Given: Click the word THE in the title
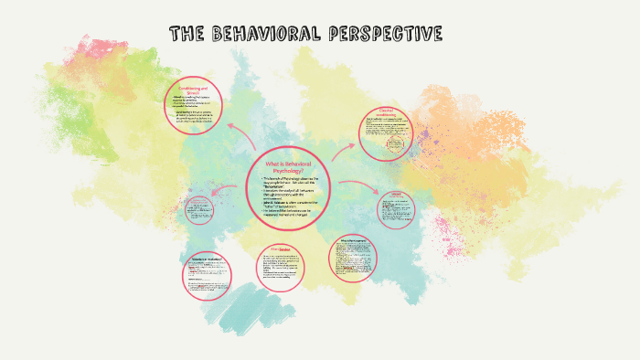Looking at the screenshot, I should (187, 35).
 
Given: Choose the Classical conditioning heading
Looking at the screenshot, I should (391, 113).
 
